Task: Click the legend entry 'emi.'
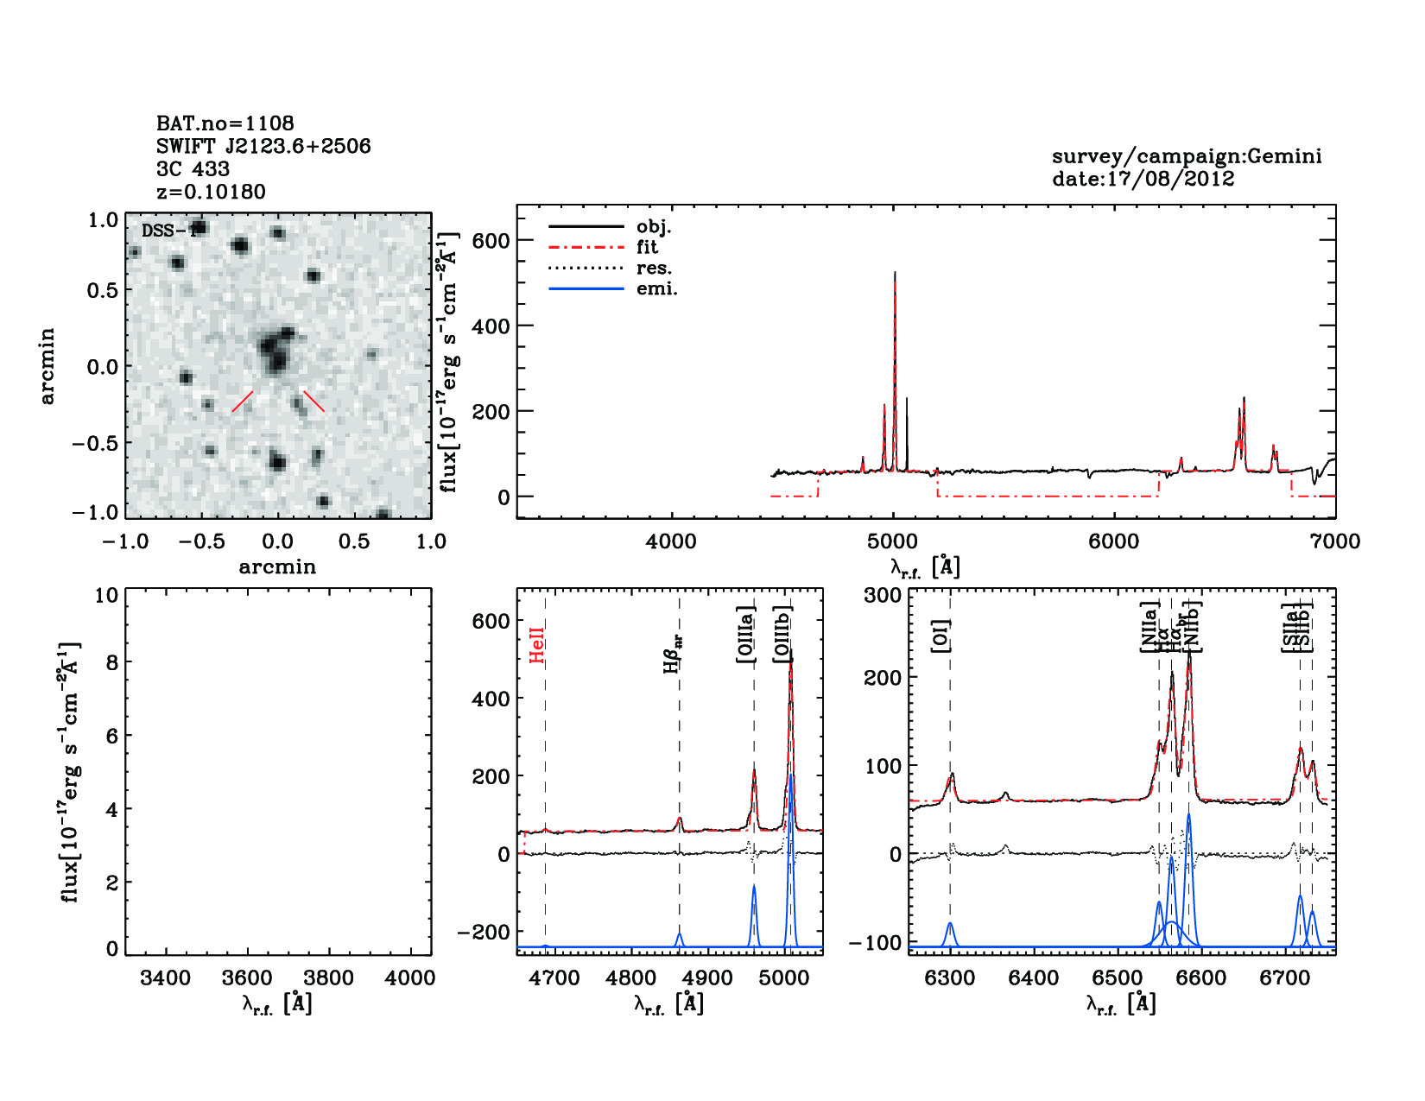(x=656, y=288)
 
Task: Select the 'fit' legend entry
(x=647, y=247)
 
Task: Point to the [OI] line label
(x=940, y=636)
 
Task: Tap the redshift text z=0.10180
(x=211, y=192)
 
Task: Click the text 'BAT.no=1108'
(x=225, y=123)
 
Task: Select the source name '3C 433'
(x=193, y=169)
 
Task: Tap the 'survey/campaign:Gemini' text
(x=1186, y=156)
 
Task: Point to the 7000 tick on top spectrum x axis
(x=1335, y=541)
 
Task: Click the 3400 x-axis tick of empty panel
(x=165, y=978)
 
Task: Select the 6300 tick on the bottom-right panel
(x=950, y=978)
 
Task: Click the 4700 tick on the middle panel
(x=554, y=978)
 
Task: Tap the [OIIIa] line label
(x=744, y=635)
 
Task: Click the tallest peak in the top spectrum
(x=895, y=274)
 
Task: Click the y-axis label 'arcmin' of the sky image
(x=47, y=366)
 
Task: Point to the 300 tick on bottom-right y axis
(x=883, y=595)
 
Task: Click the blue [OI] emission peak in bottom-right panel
(x=950, y=924)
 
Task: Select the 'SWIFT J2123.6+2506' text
(x=263, y=146)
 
